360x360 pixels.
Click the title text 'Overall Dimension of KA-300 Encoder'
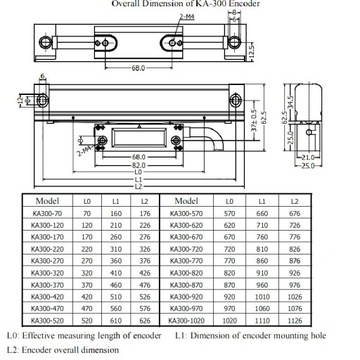[x=180, y=4]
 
